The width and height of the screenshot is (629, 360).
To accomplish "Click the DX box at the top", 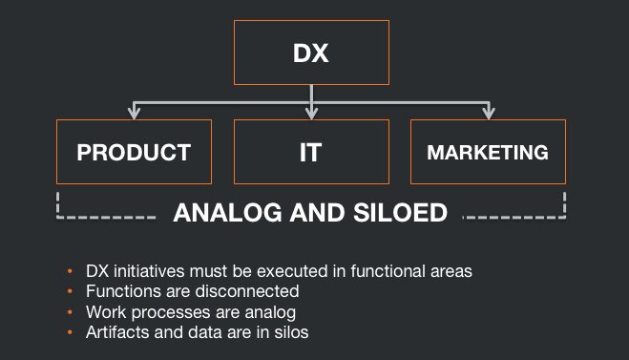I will pyautogui.click(x=311, y=53).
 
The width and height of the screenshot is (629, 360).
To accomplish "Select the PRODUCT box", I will pyautogui.click(x=135, y=151).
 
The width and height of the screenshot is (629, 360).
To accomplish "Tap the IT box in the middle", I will pyautogui.click(x=312, y=151).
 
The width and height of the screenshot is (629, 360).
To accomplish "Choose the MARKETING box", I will pyautogui.click(x=488, y=151).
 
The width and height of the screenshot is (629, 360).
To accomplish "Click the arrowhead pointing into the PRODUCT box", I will pyautogui.click(x=135, y=114).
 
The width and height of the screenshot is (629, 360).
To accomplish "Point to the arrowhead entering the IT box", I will pyautogui.click(x=312, y=114).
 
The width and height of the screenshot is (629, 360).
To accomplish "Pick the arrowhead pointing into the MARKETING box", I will pyautogui.click(x=488, y=114).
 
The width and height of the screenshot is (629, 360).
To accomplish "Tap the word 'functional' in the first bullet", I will pyautogui.click(x=381, y=271).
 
